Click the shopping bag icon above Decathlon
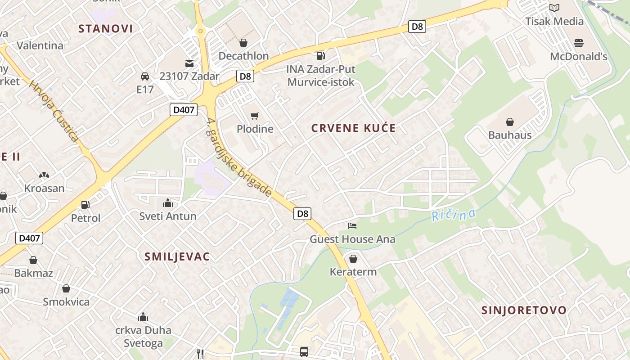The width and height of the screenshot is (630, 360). pyautogui.click(x=243, y=43)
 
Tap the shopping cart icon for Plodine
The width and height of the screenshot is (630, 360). pyautogui.click(x=255, y=116)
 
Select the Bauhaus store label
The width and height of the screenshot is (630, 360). pyautogui.click(x=510, y=135)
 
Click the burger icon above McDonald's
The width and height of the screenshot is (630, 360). pyautogui.click(x=578, y=43)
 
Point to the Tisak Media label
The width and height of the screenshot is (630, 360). pyautogui.click(x=554, y=21)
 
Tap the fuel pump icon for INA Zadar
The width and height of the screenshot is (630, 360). pyautogui.click(x=321, y=56)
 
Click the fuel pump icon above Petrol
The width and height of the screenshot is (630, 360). pyautogui.click(x=85, y=205)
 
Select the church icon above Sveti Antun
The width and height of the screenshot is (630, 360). pyautogui.click(x=168, y=203)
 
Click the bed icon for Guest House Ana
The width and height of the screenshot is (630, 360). pyautogui.click(x=352, y=225)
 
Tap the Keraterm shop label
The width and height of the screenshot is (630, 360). pyautogui.click(x=353, y=272)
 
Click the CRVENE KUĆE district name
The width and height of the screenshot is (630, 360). pyautogui.click(x=354, y=128)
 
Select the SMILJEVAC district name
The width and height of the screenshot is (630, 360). pyautogui.click(x=177, y=256)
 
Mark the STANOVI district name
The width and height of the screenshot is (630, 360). pyautogui.click(x=106, y=29)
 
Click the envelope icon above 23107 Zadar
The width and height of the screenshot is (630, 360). pyautogui.click(x=189, y=63)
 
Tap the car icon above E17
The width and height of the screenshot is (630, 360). pyautogui.click(x=145, y=76)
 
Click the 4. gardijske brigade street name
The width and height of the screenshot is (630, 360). pyautogui.click(x=239, y=157)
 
